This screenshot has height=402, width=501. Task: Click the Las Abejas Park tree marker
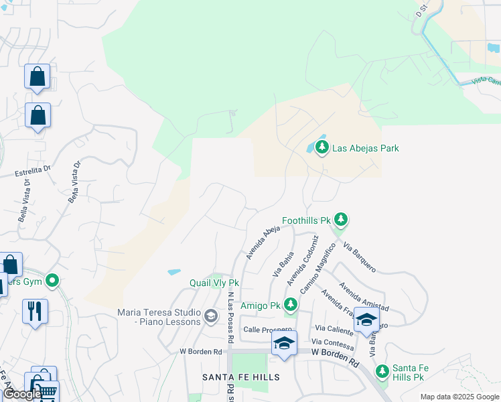[x=322, y=147]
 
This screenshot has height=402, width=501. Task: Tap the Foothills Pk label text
[x=307, y=220]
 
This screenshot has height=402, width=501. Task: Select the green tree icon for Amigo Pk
[x=290, y=305]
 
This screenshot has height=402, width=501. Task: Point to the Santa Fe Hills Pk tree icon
[x=382, y=371]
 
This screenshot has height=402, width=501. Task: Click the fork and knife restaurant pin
[x=35, y=312]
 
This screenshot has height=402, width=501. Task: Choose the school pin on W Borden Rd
[x=284, y=344]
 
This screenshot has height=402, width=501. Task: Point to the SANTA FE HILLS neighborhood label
[x=241, y=377]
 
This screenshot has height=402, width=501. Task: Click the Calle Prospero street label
[x=268, y=330]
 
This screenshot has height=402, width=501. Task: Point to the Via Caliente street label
[x=334, y=329]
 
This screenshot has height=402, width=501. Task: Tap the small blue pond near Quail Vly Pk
[x=174, y=273]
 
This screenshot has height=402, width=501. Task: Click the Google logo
[x=21, y=394]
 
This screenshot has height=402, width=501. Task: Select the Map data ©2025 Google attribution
[x=459, y=397]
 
